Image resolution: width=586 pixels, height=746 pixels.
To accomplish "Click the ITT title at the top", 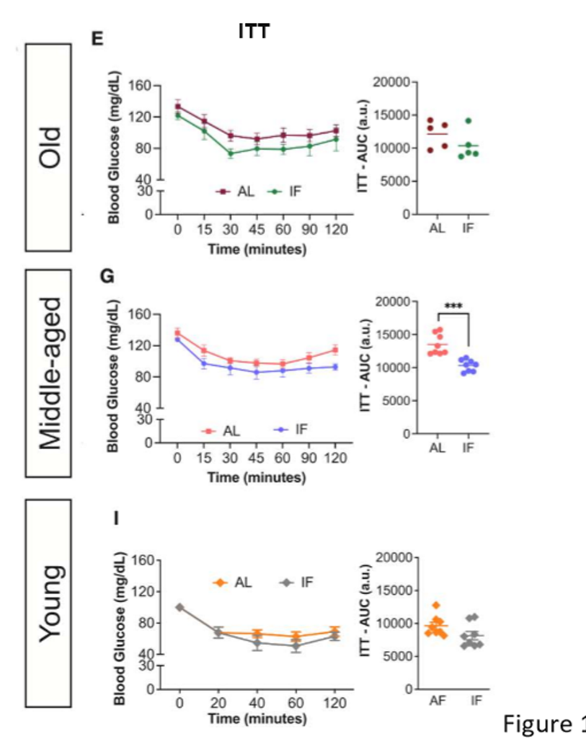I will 254,33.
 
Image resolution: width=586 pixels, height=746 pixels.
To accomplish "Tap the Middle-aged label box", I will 49,372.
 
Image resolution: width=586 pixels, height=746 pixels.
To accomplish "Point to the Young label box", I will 49,603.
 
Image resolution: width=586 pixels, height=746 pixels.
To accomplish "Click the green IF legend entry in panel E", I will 286,192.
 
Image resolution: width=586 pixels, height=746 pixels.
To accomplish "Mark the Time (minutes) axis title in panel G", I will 256,478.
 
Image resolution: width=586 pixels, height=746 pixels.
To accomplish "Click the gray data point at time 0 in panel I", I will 180,607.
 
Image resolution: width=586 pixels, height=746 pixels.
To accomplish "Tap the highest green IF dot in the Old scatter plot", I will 469,121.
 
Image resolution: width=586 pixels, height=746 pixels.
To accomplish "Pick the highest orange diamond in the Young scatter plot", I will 436,606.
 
